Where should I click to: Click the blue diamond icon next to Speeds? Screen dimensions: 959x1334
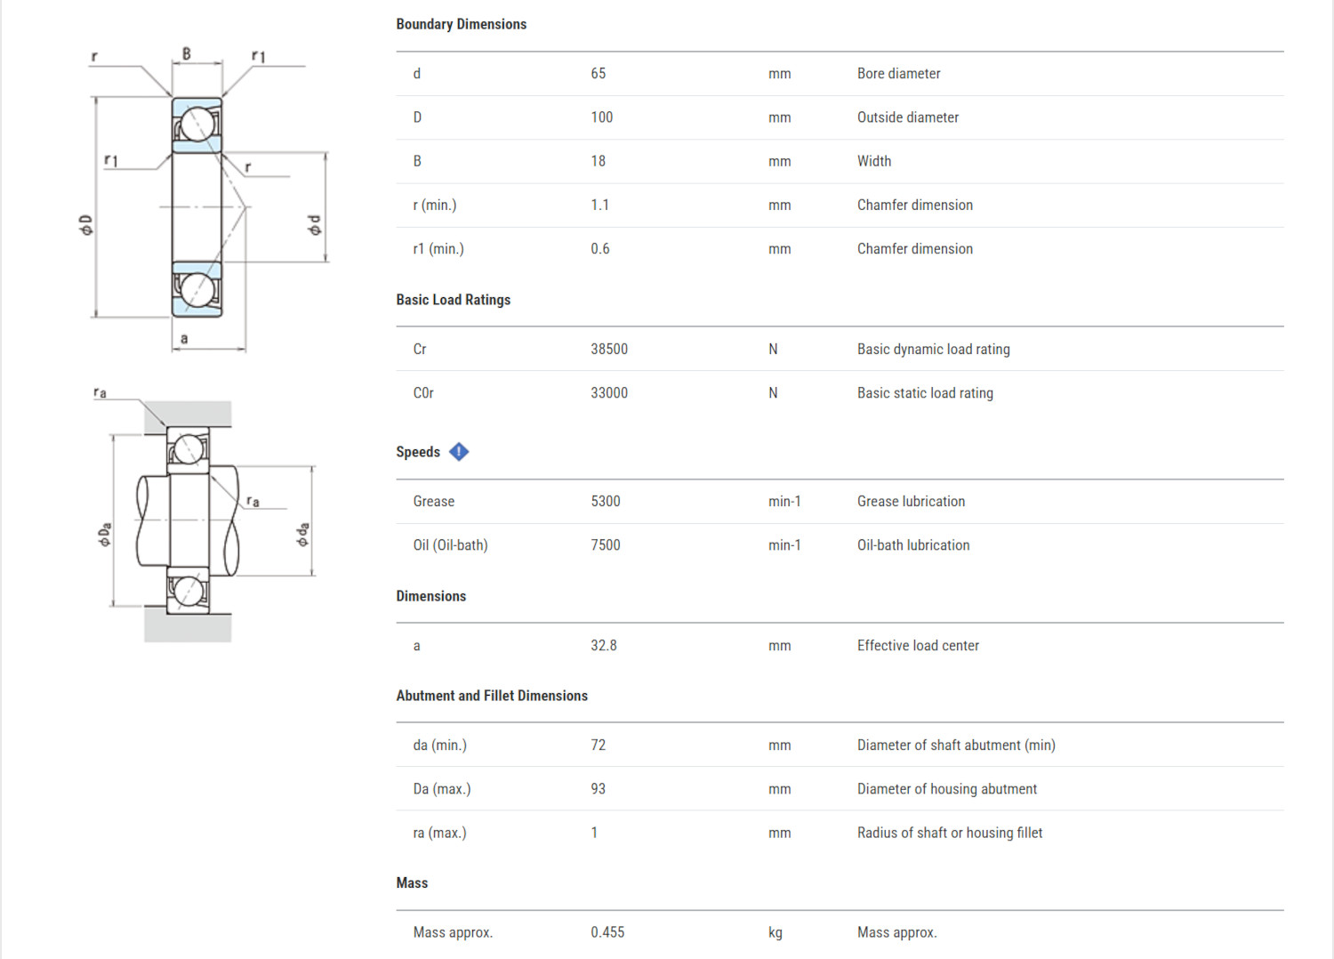pos(459,452)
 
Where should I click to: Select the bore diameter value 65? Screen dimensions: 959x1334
pos(598,74)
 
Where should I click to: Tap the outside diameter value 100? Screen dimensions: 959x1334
pos(601,117)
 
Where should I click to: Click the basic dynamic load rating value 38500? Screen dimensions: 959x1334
pos(608,350)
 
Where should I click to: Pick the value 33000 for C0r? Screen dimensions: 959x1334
pos(608,393)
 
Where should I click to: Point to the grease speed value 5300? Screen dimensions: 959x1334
pos(605,502)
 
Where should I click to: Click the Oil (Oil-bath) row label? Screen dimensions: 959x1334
pos(450,545)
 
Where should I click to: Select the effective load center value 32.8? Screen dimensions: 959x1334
pos(603,646)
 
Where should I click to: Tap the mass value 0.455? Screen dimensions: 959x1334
pos(607,932)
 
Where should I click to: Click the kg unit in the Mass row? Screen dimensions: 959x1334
pos(775,932)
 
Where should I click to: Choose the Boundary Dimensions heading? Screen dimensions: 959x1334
pos(461,24)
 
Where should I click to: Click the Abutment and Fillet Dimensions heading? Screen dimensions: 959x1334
pos(491,696)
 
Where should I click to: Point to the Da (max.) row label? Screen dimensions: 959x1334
pos(441,789)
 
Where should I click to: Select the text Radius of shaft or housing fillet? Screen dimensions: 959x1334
pos(949,833)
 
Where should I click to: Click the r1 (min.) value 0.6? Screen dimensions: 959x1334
pos(599,249)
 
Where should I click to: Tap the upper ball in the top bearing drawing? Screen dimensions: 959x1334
pos(198,124)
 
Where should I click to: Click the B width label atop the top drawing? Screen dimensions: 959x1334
pos(187,54)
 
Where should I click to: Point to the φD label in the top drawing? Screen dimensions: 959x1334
pos(85,225)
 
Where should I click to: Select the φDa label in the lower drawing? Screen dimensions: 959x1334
pos(105,534)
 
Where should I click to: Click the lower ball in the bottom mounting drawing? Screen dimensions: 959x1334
pos(189,590)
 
